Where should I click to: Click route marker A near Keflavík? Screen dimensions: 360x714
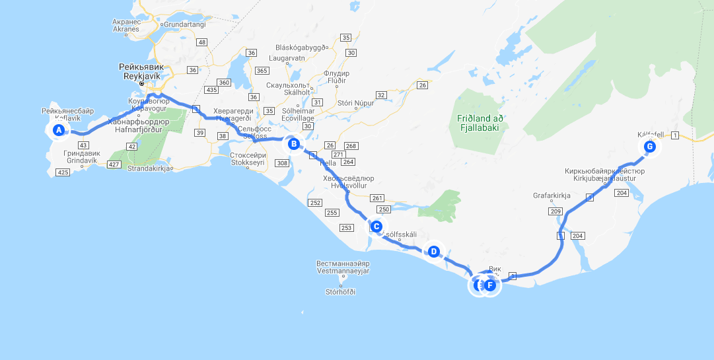click(x=59, y=130)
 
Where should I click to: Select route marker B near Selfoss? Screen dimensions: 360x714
click(x=294, y=143)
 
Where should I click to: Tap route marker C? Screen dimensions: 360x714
click(x=376, y=227)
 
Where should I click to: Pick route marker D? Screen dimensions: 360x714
click(x=433, y=251)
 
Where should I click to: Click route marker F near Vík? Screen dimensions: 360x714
click(x=490, y=285)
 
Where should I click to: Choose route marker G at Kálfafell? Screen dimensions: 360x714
click(x=650, y=147)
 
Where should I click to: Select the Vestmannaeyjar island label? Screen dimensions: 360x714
click(x=343, y=267)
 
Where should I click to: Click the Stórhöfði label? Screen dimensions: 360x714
click(x=341, y=291)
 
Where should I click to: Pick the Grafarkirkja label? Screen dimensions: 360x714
click(x=552, y=196)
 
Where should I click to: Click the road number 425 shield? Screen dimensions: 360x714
click(x=63, y=172)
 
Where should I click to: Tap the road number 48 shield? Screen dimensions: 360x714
click(x=202, y=42)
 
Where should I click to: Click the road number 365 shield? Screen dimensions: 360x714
click(x=262, y=71)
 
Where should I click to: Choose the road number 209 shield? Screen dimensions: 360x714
click(x=555, y=211)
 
